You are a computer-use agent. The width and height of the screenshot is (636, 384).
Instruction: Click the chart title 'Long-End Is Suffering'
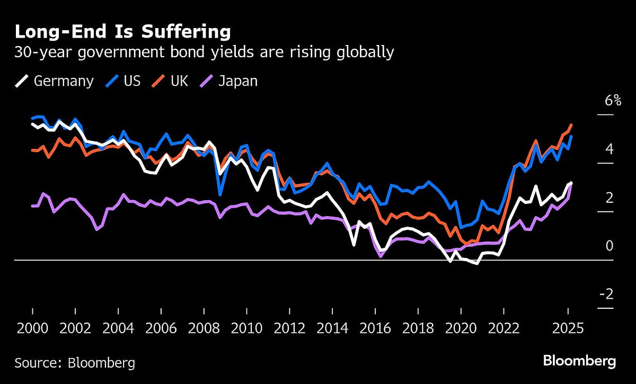(x=122, y=32)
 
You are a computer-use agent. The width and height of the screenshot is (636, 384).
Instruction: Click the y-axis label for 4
(x=609, y=149)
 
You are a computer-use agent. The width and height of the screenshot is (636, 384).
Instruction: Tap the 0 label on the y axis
(x=609, y=246)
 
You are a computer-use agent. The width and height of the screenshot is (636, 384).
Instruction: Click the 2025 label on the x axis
(x=568, y=328)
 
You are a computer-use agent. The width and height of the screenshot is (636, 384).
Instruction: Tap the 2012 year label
(x=289, y=328)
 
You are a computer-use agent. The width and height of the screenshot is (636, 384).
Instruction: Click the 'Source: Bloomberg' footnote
(x=74, y=363)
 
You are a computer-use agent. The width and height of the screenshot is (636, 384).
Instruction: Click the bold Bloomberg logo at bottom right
(x=579, y=362)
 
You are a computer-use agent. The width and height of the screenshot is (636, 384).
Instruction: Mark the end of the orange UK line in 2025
(x=571, y=125)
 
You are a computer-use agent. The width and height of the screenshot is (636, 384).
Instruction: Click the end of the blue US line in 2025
(x=571, y=137)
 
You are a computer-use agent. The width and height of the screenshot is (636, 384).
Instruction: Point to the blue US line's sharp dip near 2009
(x=220, y=194)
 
